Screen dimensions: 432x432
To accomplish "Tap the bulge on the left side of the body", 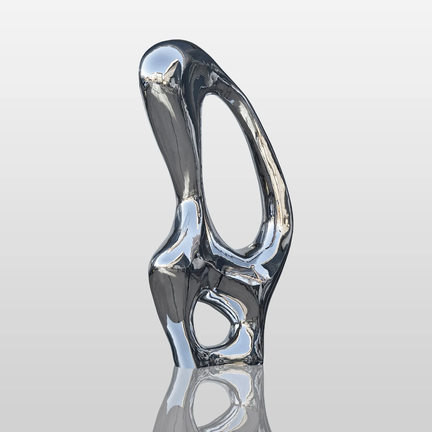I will (158, 257).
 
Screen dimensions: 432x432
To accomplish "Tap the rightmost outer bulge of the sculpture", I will (291, 224).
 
